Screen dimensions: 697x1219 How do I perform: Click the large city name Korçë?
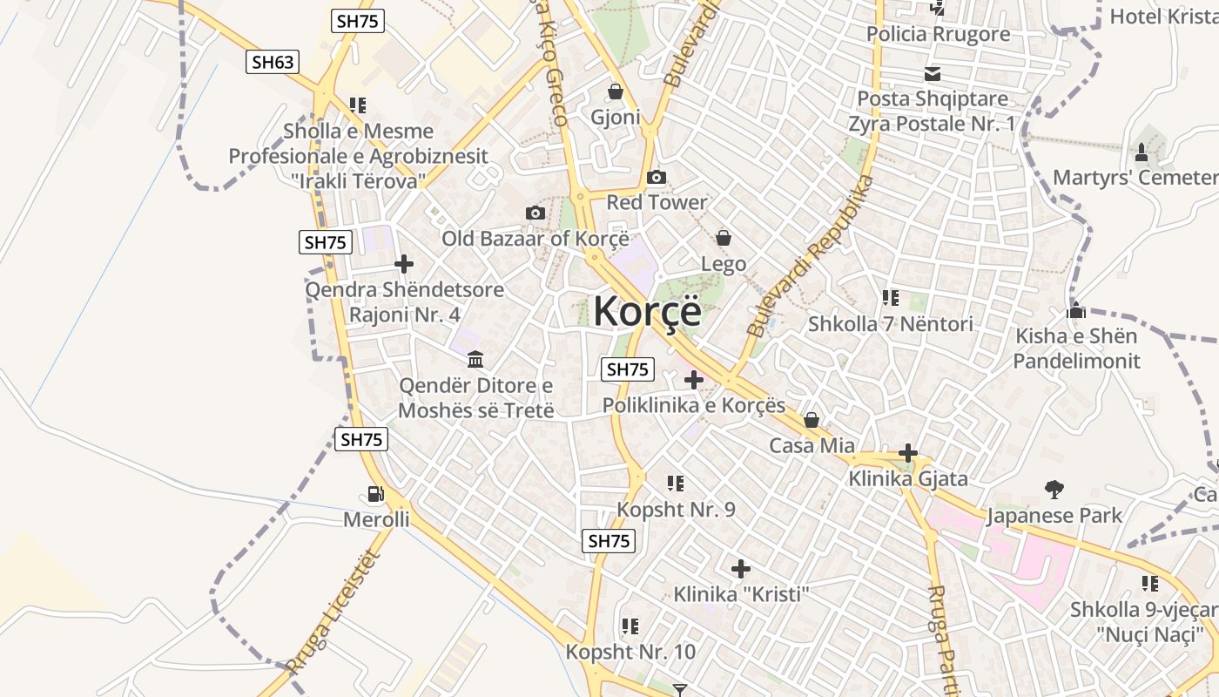tap(647, 311)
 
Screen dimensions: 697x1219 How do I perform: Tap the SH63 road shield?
tap(273, 61)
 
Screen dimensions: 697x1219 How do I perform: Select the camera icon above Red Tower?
tap(657, 178)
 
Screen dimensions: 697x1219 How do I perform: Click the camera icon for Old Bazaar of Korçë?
tap(535, 213)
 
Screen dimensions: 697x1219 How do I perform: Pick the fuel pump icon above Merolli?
tap(375, 494)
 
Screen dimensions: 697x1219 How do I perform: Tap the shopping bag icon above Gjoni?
tap(616, 91)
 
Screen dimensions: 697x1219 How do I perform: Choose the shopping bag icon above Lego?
tap(723, 238)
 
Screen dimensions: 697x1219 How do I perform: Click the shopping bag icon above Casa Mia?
tap(812, 421)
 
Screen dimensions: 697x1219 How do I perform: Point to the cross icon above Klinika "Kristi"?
tap(741, 570)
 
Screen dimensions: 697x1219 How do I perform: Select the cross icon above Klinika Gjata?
tap(908, 453)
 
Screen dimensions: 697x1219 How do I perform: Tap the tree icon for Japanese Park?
tap(1054, 490)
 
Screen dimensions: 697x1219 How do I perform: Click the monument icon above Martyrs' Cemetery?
tap(1142, 152)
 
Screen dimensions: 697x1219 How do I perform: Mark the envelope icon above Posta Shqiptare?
tap(933, 74)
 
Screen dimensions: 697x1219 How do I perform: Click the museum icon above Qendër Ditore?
tap(475, 359)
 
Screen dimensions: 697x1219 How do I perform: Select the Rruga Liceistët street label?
tap(333, 614)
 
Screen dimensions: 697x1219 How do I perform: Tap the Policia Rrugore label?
tap(938, 34)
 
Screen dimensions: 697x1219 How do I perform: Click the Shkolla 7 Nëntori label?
tap(890, 324)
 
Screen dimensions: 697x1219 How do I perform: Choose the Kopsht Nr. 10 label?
tap(630, 652)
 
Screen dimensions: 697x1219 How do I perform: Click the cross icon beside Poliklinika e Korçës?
tap(693, 380)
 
